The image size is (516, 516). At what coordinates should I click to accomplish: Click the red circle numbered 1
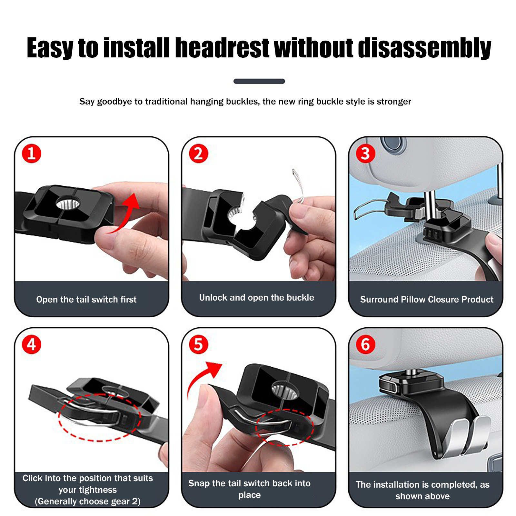click(32, 154)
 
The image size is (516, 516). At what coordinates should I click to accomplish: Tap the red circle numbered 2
click(199, 154)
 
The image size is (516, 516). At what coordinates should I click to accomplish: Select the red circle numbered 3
click(365, 154)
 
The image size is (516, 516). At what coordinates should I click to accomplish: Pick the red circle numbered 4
click(32, 344)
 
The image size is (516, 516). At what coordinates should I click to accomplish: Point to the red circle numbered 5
click(199, 344)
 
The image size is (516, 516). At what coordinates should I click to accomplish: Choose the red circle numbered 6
click(365, 344)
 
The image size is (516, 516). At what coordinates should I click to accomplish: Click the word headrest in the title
click(222, 48)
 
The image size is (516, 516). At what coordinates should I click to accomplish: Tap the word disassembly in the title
click(425, 48)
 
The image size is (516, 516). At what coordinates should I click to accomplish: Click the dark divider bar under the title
click(259, 81)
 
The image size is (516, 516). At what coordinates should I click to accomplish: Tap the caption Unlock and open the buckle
click(257, 298)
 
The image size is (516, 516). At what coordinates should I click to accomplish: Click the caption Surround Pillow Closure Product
click(427, 300)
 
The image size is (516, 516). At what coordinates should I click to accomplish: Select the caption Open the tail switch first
click(86, 300)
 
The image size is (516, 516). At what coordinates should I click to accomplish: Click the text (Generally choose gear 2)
click(88, 501)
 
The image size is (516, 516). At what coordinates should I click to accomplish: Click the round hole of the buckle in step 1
click(68, 204)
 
